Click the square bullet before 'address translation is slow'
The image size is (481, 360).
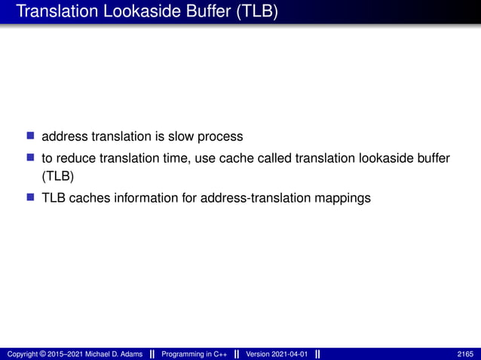click(x=31, y=136)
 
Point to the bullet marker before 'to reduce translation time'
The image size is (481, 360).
click(x=31, y=157)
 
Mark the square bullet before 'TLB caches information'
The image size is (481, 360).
click(x=31, y=199)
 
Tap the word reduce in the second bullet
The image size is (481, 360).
click(x=76, y=158)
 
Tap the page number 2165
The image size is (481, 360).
click(x=464, y=354)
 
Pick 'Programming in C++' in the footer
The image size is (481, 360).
click(x=195, y=354)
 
